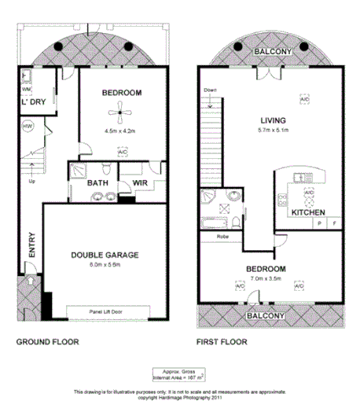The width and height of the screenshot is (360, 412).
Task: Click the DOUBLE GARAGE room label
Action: click(x=104, y=255)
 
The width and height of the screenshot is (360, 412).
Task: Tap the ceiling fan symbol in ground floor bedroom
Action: click(x=121, y=114)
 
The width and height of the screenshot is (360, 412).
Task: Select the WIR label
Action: click(x=141, y=184)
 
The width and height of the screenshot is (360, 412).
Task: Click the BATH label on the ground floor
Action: click(x=97, y=184)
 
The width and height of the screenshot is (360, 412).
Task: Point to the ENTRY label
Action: click(x=31, y=245)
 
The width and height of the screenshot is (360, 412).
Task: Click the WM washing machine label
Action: click(x=26, y=90)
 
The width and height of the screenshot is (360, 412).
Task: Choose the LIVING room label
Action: click(x=274, y=120)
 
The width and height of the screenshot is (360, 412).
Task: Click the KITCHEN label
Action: click(x=308, y=213)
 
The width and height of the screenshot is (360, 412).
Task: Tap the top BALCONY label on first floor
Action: click(x=272, y=53)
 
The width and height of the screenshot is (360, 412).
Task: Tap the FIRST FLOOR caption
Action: click(x=222, y=342)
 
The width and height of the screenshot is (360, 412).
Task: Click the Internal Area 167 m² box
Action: click(x=179, y=373)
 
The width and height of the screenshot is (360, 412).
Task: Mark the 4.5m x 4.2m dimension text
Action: click(x=120, y=131)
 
